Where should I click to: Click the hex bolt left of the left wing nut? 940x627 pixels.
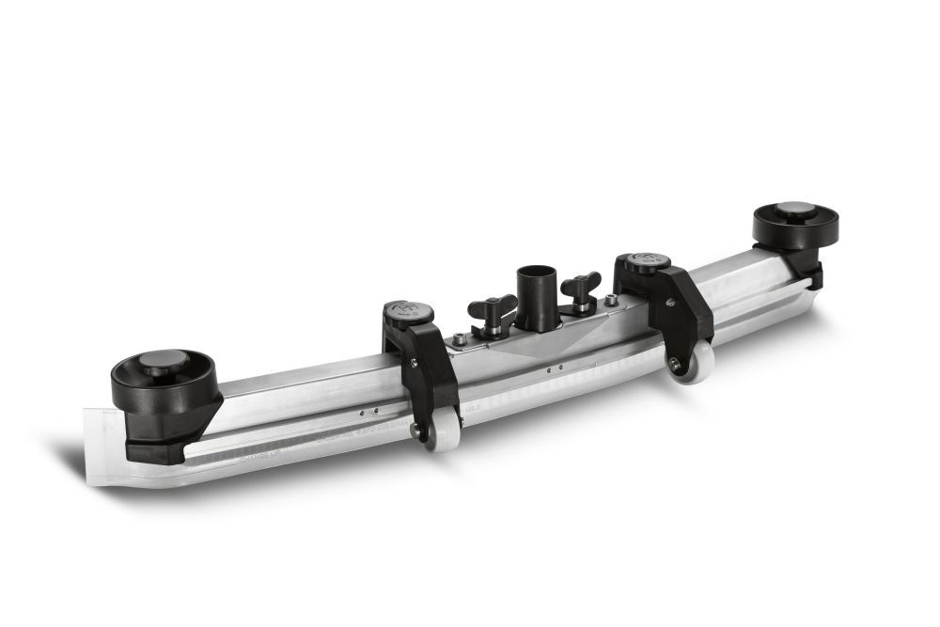pos(459,338)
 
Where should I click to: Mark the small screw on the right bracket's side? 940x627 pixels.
pos(670,302)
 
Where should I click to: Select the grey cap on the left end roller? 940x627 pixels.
pos(165,359)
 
